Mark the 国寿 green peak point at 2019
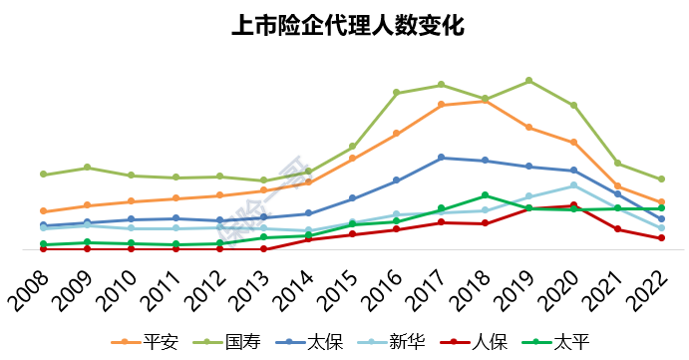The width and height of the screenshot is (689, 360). coord(528,80)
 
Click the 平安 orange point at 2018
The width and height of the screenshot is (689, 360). coord(485,101)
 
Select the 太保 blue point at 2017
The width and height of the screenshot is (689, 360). coord(441,158)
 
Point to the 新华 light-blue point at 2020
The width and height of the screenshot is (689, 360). coord(573,185)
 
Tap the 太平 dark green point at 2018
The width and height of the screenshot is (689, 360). coord(485,195)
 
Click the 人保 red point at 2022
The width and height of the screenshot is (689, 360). coord(661,238)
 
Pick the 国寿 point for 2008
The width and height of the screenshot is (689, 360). coord(43,175)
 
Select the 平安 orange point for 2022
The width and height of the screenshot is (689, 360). coord(661,202)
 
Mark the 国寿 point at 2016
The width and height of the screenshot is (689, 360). coord(396,93)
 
